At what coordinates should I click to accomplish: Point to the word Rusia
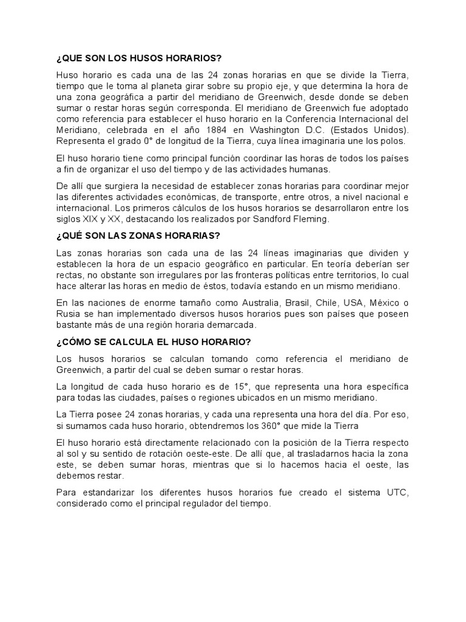[69, 314]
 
